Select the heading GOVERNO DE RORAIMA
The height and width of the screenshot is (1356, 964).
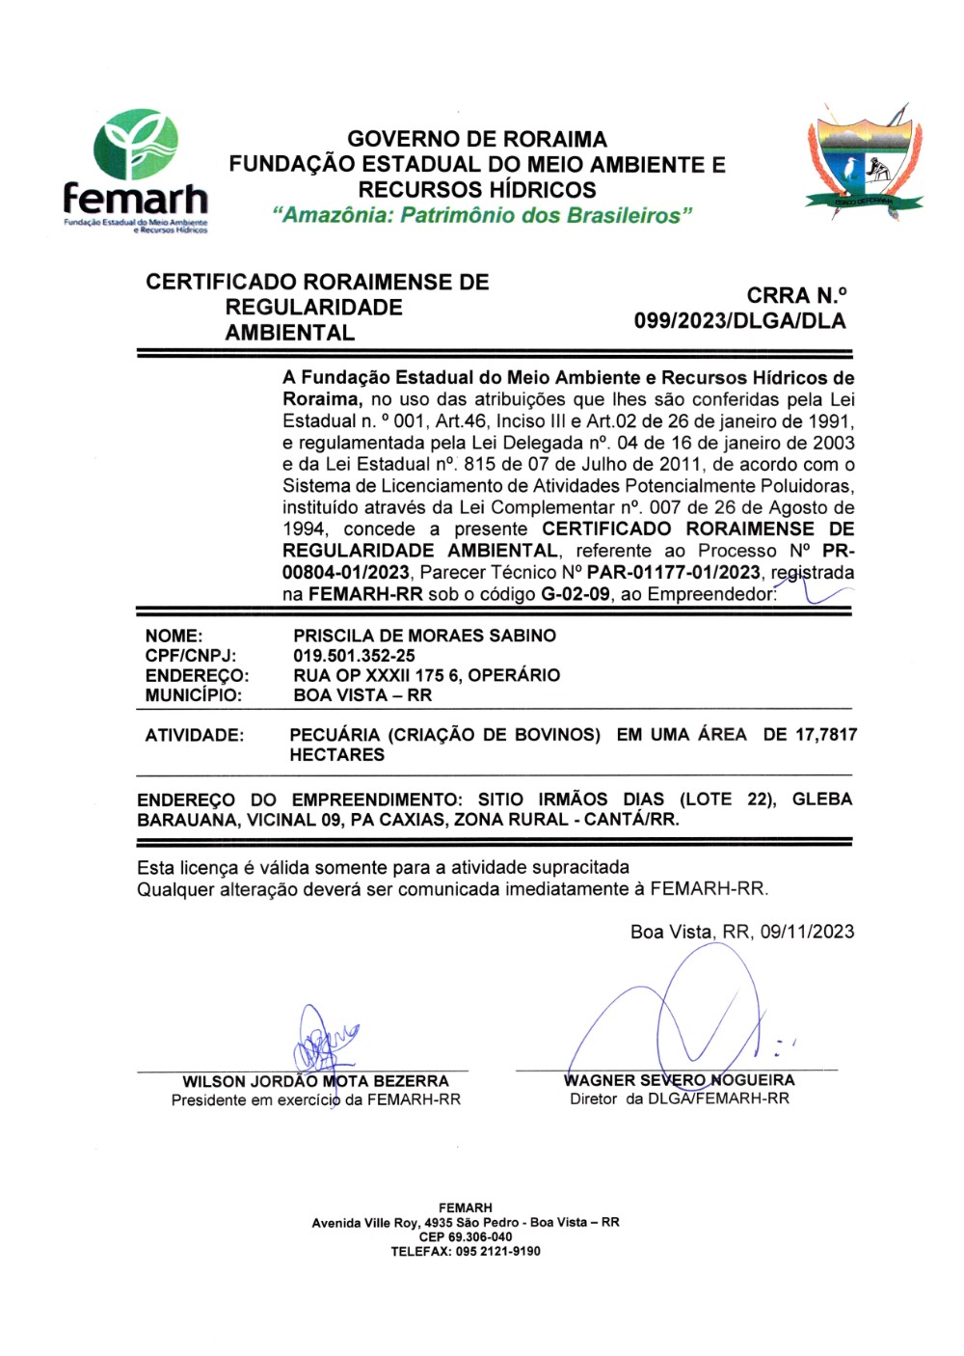[x=477, y=139]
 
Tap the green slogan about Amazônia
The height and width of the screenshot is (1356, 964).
[x=482, y=215]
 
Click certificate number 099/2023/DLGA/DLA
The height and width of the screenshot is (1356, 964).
[x=739, y=321]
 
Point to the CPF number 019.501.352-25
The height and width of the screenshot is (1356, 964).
[x=354, y=656]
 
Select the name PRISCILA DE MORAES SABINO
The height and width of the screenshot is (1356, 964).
[x=424, y=636]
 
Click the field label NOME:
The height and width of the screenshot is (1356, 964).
[x=174, y=636]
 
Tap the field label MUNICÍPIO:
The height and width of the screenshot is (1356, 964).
[x=194, y=695]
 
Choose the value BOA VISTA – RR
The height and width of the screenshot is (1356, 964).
[x=362, y=695]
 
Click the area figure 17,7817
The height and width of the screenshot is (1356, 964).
[x=825, y=735]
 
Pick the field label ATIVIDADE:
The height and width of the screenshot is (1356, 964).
[x=194, y=735]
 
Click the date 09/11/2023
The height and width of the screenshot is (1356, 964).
[x=807, y=932]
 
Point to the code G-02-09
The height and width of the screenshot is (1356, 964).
[x=575, y=594]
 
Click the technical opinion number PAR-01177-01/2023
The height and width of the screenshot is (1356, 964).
[x=673, y=573]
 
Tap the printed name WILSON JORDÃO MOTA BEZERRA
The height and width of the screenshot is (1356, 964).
[x=315, y=1081]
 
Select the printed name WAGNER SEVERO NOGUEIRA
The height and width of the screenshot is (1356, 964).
[x=679, y=1080]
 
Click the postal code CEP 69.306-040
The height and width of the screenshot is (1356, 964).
[x=466, y=1236]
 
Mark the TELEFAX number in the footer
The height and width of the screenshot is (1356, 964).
[x=466, y=1251]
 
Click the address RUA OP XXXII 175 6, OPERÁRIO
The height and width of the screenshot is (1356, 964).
[x=426, y=675]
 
